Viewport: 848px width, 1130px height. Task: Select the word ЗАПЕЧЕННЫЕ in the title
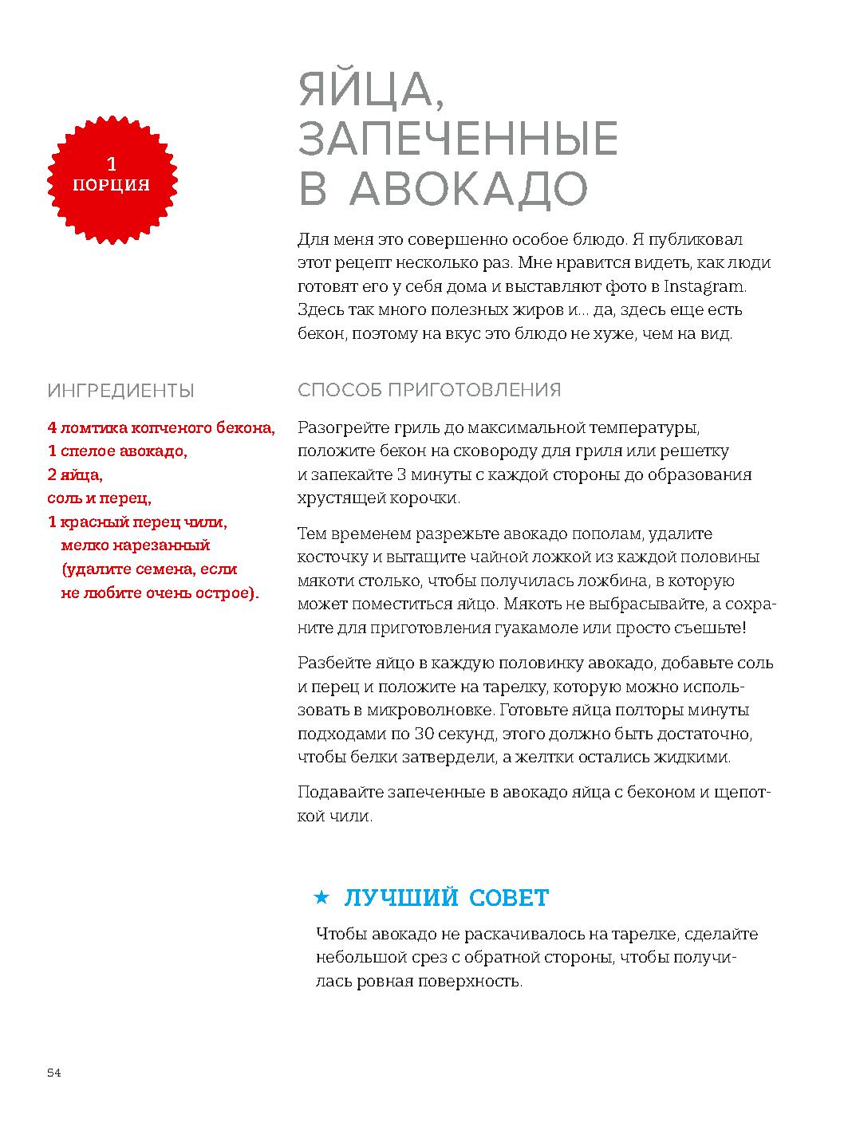click(x=458, y=139)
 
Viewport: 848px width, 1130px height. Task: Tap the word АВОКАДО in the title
click(x=469, y=188)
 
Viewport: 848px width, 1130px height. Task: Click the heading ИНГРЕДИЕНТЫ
click(x=121, y=391)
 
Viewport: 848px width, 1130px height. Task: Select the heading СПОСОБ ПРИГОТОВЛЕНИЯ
click(x=429, y=390)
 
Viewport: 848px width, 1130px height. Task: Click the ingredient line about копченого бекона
click(x=161, y=428)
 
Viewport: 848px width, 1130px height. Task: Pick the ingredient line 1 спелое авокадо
click(x=117, y=451)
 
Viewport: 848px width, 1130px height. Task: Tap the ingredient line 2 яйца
click(x=75, y=475)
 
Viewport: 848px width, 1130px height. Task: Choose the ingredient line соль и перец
click(x=99, y=499)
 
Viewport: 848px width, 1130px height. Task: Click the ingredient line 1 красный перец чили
click(x=137, y=522)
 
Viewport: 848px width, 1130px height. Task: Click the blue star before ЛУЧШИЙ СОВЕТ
click(x=321, y=898)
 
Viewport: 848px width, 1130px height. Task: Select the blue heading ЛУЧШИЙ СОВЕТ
click(x=446, y=898)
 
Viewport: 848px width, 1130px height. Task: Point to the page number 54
click(x=54, y=1073)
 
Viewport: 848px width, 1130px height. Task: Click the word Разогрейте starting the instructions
click(x=339, y=427)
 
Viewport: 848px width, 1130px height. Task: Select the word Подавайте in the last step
click(x=335, y=793)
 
